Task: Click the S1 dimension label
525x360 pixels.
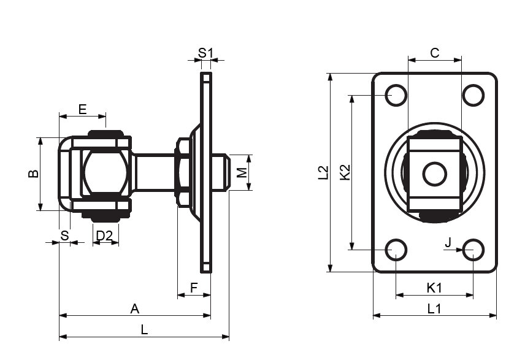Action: click(x=205, y=53)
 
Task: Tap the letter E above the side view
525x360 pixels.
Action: click(x=82, y=109)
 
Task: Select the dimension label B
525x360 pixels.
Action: click(x=33, y=174)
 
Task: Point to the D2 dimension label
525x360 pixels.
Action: click(x=104, y=236)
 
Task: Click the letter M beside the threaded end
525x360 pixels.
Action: click(x=242, y=172)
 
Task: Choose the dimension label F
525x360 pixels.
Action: click(x=194, y=288)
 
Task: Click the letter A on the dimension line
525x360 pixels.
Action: click(x=134, y=308)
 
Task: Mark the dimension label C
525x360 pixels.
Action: click(x=435, y=53)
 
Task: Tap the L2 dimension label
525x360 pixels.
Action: click(x=323, y=173)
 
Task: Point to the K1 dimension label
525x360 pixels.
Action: click(x=434, y=288)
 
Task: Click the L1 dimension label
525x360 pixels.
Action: click(x=434, y=308)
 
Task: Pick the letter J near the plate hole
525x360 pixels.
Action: click(x=449, y=242)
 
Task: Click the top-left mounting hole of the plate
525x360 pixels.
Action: click(x=396, y=96)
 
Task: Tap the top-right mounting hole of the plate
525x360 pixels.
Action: click(x=473, y=96)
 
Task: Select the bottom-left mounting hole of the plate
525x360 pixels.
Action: click(x=396, y=250)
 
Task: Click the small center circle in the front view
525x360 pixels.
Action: click(x=435, y=174)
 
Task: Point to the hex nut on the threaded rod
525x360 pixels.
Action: click(x=183, y=172)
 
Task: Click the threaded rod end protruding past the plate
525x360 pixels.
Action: click(x=221, y=172)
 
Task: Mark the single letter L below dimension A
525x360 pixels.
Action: click(x=144, y=330)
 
